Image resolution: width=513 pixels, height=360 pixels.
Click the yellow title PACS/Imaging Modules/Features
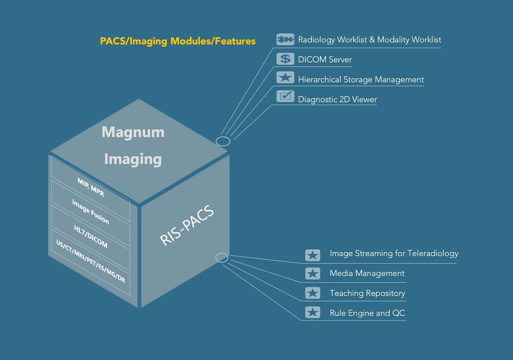[178, 41]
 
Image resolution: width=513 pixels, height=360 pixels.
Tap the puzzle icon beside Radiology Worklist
[285, 39]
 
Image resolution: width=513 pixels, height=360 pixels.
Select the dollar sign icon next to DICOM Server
[285, 59]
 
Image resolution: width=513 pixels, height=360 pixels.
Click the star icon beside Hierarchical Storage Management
[285, 77]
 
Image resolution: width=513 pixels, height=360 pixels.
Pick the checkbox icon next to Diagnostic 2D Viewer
[285, 96]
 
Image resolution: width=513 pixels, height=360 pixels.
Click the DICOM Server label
[325, 60]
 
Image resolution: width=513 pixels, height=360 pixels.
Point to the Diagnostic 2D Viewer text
[337, 99]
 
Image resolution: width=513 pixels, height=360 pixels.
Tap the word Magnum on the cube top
[133, 132]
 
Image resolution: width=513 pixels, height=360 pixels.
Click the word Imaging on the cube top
[133, 159]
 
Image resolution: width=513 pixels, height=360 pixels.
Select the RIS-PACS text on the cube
[187, 226]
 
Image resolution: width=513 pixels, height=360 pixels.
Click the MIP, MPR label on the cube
[91, 187]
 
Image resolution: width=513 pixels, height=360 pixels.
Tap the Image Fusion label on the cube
[90, 212]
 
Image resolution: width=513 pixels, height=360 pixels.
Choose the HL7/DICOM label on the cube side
[90, 236]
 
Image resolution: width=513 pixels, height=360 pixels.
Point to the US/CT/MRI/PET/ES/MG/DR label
[91, 261]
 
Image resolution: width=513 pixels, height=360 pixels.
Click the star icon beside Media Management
[313, 273]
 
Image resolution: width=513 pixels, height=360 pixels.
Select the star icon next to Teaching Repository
[313, 293]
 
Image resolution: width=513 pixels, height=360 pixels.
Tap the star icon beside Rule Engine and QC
[313, 312]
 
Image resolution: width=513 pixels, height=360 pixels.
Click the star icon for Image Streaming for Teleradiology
[313, 255]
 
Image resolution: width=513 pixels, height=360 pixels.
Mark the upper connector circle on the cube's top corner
[223, 137]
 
